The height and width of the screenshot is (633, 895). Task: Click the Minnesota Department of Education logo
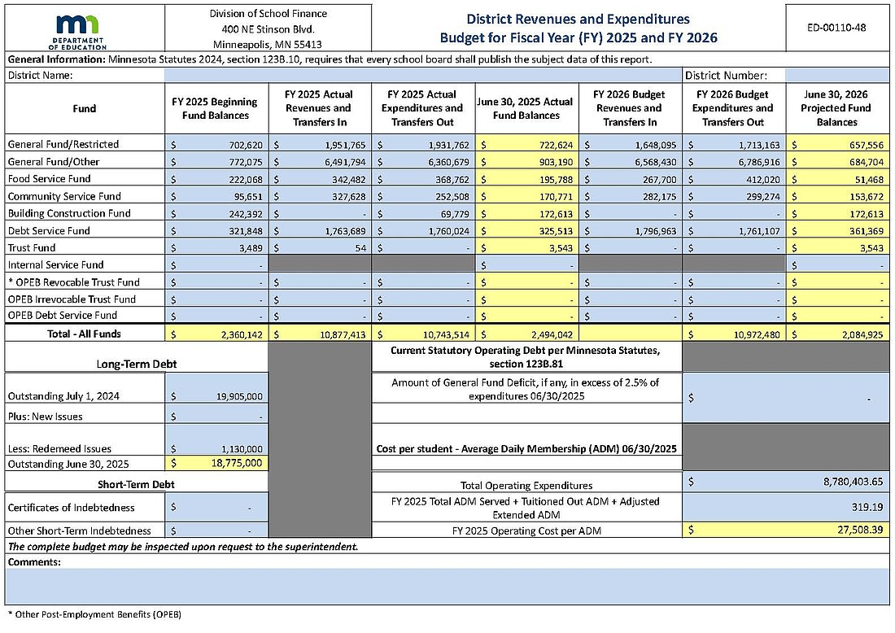(x=83, y=31)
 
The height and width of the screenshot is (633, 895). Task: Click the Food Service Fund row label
(x=49, y=178)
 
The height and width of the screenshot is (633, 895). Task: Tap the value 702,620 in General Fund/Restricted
(x=241, y=144)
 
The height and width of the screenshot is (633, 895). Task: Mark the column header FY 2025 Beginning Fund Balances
(x=215, y=108)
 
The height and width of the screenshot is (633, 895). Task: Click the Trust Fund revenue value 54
(x=359, y=247)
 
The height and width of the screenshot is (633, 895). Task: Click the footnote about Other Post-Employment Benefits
(x=94, y=614)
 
